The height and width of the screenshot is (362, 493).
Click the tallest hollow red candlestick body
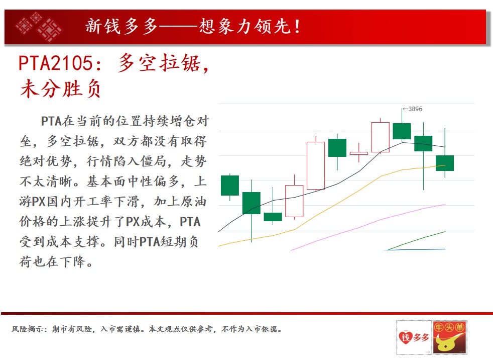pyautogui.click(x=316, y=165)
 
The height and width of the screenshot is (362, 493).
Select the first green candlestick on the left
pyautogui.click(x=230, y=186)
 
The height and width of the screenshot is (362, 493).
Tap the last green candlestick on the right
pyautogui.click(x=445, y=163)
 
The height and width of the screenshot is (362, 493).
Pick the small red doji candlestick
pyautogui.click(x=359, y=153)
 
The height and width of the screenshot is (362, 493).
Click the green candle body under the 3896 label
pyautogui.click(x=402, y=131)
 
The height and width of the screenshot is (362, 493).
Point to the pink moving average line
pyautogui.click(x=368, y=225)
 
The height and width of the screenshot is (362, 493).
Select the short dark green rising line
pyautogui.click(x=416, y=241)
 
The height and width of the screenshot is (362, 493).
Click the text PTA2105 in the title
pyautogui.click(x=55, y=63)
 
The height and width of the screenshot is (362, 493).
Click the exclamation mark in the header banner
pyautogui.click(x=297, y=27)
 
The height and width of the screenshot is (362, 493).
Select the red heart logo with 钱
pyautogui.click(x=406, y=338)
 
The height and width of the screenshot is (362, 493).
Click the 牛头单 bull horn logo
pyautogui.click(x=449, y=337)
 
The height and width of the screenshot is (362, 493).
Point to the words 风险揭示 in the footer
pyautogui.click(x=27, y=329)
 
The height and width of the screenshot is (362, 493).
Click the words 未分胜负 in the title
pyautogui.click(x=61, y=89)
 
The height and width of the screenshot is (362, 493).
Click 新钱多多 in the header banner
pyautogui.click(x=121, y=26)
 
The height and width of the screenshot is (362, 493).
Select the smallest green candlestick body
pyautogui.click(x=273, y=217)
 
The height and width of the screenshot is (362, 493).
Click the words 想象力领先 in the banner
pyautogui.click(x=245, y=26)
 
